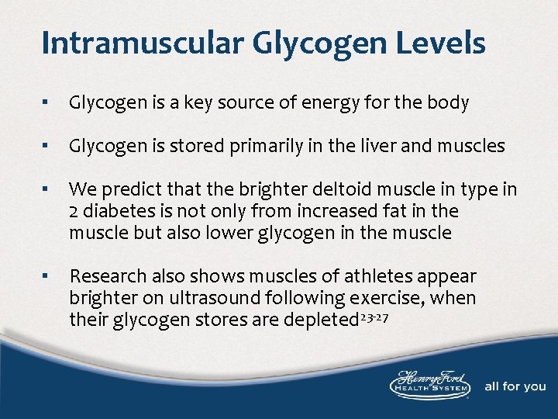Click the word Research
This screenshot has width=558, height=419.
(102, 276)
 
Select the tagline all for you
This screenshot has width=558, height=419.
(515, 386)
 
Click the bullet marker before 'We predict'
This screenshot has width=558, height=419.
(46, 189)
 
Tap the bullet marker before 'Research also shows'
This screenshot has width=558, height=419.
(46, 276)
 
